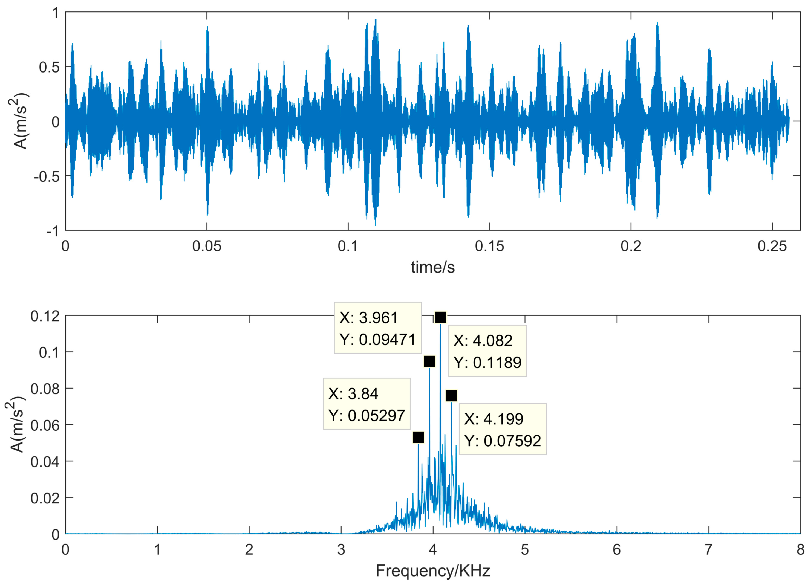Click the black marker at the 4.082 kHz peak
[x=440, y=317]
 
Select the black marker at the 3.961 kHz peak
[x=429, y=361]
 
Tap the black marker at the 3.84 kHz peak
[x=418, y=437]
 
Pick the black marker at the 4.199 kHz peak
[x=451, y=396]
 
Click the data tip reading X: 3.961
[x=378, y=328]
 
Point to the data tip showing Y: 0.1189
[x=487, y=351]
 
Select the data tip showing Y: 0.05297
[x=367, y=404]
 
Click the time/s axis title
[x=433, y=267]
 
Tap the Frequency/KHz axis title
[x=433, y=571]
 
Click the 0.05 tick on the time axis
[x=207, y=246]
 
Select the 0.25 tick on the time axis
[x=772, y=246]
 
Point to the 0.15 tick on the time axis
[x=489, y=246]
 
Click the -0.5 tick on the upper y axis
[x=47, y=176]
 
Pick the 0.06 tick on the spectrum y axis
[x=45, y=425]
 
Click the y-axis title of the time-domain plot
[x=19, y=121]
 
